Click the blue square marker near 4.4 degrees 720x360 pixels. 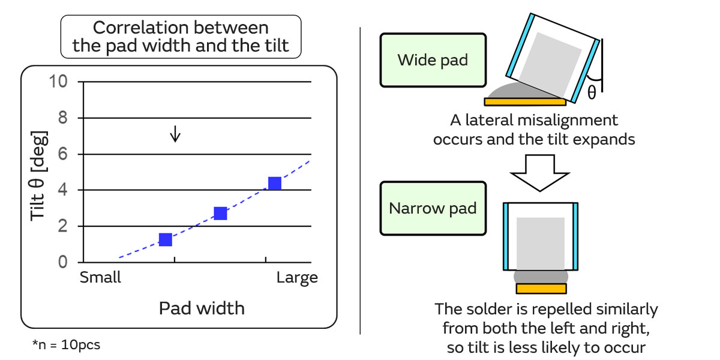(x=275, y=184)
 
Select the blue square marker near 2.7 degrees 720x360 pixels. (x=220, y=213)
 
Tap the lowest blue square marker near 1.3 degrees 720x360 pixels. (x=166, y=239)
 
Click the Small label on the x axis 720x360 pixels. (x=100, y=278)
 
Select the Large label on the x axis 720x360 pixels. (x=297, y=278)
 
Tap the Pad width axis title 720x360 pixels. (x=202, y=308)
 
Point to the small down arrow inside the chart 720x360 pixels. (x=175, y=134)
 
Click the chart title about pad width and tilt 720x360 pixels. (x=181, y=37)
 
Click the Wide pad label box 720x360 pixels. (x=433, y=61)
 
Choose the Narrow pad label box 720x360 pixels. (x=433, y=209)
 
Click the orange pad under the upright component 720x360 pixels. (x=541, y=289)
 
